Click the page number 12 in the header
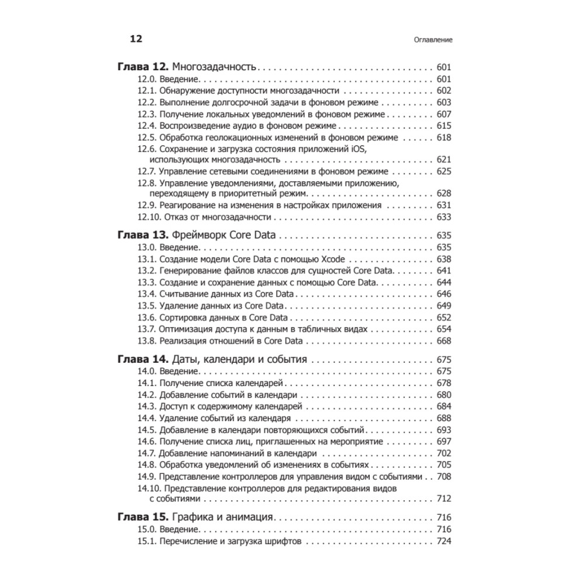[x=136, y=39]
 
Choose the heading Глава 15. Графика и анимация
[x=196, y=518]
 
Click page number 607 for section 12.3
[x=444, y=114]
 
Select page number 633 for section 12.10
[x=444, y=216]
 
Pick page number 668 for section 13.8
[x=444, y=340]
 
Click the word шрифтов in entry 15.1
[x=280, y=541]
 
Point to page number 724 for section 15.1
[x=444, y=541]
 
